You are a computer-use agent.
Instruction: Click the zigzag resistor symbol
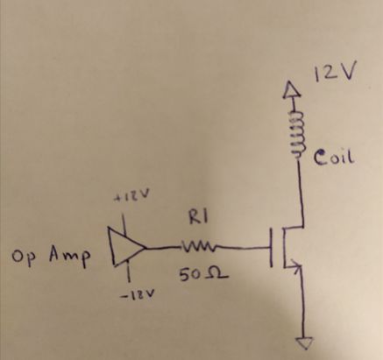click(x=194, y=248)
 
